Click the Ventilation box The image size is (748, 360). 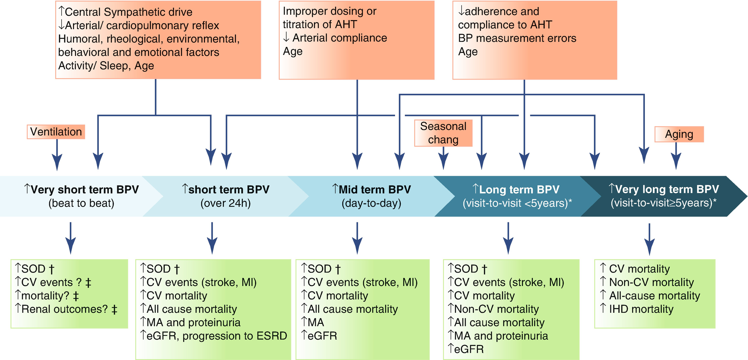click(x=56, y=132)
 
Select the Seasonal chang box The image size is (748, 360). click(x=443, y=133)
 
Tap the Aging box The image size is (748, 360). click(x=679, y=134)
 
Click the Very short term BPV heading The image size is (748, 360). click(x=81, y=189)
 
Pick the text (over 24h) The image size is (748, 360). click(x=225, y=203)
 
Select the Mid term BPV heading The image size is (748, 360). click(x=371, y=189)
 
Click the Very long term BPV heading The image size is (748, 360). click(x=663, y=189)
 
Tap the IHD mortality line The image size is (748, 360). click(x=637, y=309)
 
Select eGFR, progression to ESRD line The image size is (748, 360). click(x=214, y=336)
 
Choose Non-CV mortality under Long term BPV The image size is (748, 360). click(x=494, y=309)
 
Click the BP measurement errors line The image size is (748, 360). click(x=517, y=38)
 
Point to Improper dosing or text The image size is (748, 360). click(x=329, y=11)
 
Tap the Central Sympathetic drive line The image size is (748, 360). click(x=125, y=12)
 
